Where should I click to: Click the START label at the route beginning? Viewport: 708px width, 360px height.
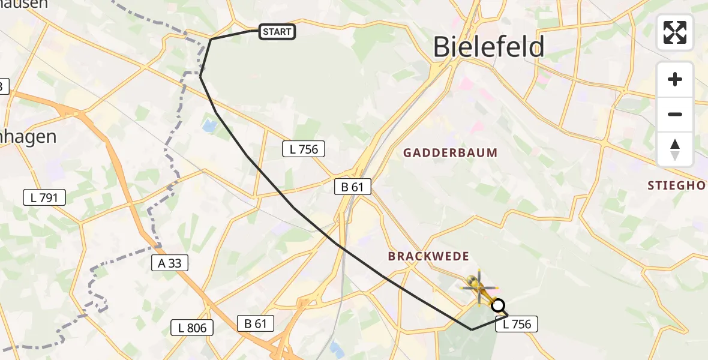click(277, 32)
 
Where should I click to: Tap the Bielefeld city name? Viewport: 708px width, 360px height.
click(488, 47)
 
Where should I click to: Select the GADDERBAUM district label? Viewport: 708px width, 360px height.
click(450, 153)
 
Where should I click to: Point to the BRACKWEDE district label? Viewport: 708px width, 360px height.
click(428, 256)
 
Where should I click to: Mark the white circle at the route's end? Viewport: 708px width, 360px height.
click(498, 306)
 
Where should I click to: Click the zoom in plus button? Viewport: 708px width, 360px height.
click(675, 80)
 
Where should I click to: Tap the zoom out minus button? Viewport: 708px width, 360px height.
click(675, 114)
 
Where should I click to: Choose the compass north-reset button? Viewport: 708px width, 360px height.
click(675, 149)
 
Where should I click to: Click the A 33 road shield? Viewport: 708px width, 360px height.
click(170, 263)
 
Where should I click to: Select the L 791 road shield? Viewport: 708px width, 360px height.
click(44, 197)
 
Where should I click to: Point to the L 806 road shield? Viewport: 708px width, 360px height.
click(192, 328)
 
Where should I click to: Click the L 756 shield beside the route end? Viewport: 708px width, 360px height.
click(517, 325)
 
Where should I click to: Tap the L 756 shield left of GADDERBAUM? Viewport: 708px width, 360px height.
click(304, 149)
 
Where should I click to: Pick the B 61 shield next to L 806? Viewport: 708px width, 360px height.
click(256, 324)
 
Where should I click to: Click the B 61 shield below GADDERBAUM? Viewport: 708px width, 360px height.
click(353, 187)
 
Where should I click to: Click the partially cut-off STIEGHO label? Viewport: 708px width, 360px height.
click(677, 186)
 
